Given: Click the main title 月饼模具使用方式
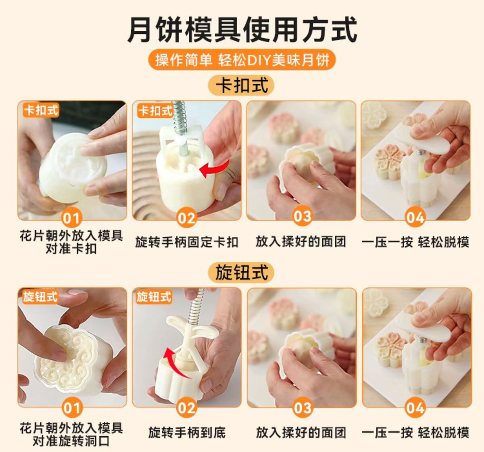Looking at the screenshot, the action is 242,29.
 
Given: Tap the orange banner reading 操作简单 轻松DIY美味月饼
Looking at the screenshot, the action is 242,60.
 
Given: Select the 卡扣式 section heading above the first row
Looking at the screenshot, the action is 241,85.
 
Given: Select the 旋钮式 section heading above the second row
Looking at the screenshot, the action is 241,273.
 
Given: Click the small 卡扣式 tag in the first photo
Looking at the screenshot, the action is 41,110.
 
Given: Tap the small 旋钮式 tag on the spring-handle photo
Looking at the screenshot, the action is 154,297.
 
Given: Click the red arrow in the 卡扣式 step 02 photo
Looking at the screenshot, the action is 215,168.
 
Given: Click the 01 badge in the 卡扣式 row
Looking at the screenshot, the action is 71,218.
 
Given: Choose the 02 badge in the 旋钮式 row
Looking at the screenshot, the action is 186,408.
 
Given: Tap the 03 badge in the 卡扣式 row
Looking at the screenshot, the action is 302,216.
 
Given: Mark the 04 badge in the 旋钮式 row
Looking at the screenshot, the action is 415,408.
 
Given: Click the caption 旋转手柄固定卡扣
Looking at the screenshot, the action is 187,242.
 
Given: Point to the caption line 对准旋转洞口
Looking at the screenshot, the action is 71,441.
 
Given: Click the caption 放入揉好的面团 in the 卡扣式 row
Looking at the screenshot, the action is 301,242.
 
